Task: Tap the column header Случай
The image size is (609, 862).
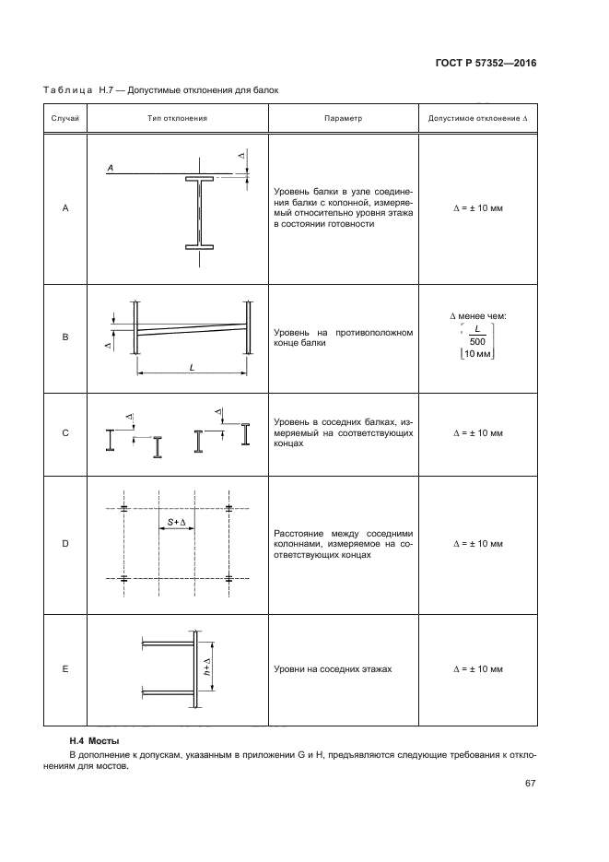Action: tap(65, 119)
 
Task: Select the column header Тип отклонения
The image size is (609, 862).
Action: tap(177, 119)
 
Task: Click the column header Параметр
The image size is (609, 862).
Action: tap(344, 119)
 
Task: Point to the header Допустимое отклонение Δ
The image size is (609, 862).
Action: tap(478, 119)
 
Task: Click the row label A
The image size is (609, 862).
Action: tap(65, 208)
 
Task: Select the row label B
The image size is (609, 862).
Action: tap(65, 337)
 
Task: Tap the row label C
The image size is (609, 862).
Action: tap(65, 432)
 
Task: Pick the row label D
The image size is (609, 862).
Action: tap(65, 544)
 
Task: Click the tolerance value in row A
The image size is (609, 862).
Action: tap(478, 208)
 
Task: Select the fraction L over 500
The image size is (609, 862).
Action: tap(476, 336)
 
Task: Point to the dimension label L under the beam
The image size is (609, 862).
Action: tap(192, 367)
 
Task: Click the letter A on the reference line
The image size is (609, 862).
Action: tap(110, 168)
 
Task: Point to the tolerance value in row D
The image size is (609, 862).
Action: tap(478, 544)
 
